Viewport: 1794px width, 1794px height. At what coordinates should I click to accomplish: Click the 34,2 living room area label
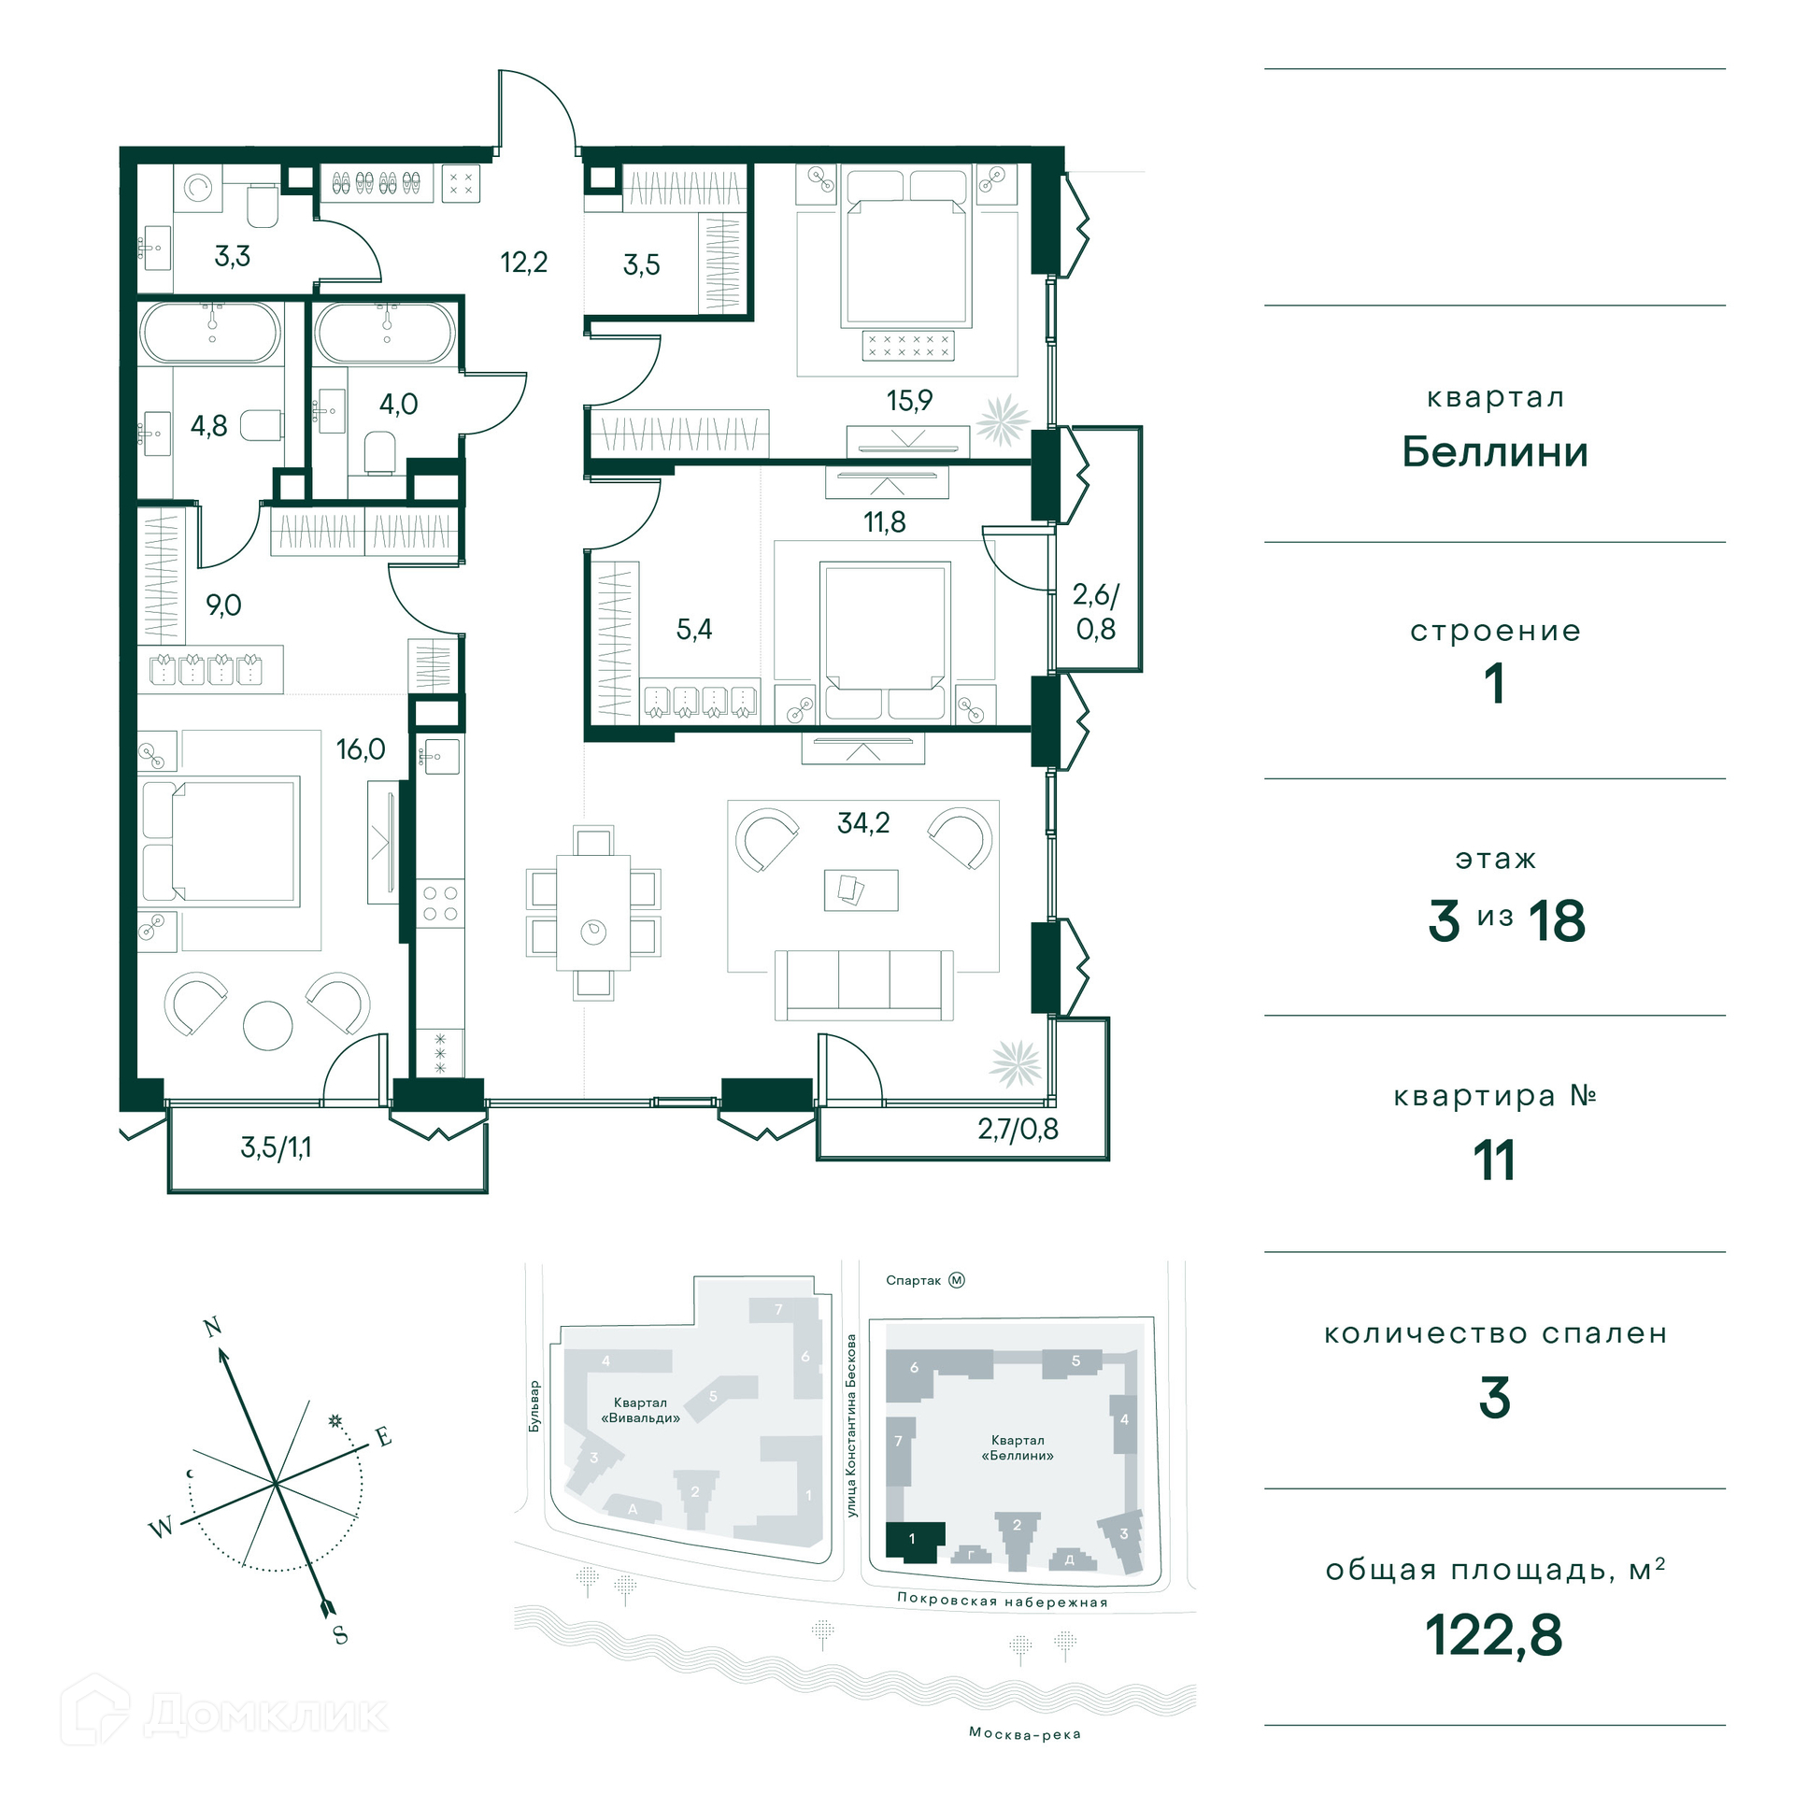tap(862, 823)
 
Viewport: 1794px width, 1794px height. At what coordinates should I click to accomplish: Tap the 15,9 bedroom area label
tap(909, 401)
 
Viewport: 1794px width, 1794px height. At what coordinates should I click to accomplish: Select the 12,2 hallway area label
tap(523, 263)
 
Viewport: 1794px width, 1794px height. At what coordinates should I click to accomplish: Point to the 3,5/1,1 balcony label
tap(277, 1147)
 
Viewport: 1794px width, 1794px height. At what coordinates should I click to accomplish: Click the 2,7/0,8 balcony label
tap(1018, 1129)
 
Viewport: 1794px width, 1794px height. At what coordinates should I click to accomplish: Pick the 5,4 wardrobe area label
tap(694, 630)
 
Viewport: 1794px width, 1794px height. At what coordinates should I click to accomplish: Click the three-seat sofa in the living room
tap(864, 986)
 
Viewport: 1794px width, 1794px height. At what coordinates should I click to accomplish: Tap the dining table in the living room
tap(593, 913)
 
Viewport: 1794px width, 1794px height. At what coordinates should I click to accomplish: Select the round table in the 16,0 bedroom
tap(267, 1026)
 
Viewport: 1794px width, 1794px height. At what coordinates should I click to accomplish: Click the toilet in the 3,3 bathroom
tap(263, 206)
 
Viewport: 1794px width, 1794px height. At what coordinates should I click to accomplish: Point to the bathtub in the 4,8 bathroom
tap(210, 333)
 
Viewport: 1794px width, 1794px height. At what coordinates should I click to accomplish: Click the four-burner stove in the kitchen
tap(440, 903)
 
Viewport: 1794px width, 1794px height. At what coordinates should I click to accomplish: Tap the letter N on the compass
tap(213, 1327)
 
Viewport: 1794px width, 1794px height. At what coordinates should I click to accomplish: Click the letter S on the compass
tap(340, 1634)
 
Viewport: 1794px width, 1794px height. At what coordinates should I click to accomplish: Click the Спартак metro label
tap(913, 1280)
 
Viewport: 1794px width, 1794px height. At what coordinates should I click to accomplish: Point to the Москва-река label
tap(1025, 1733)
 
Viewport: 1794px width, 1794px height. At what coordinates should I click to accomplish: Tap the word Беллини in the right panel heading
tap(1495, 452)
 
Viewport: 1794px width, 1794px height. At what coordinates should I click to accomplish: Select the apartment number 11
tap(1494, 1160)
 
